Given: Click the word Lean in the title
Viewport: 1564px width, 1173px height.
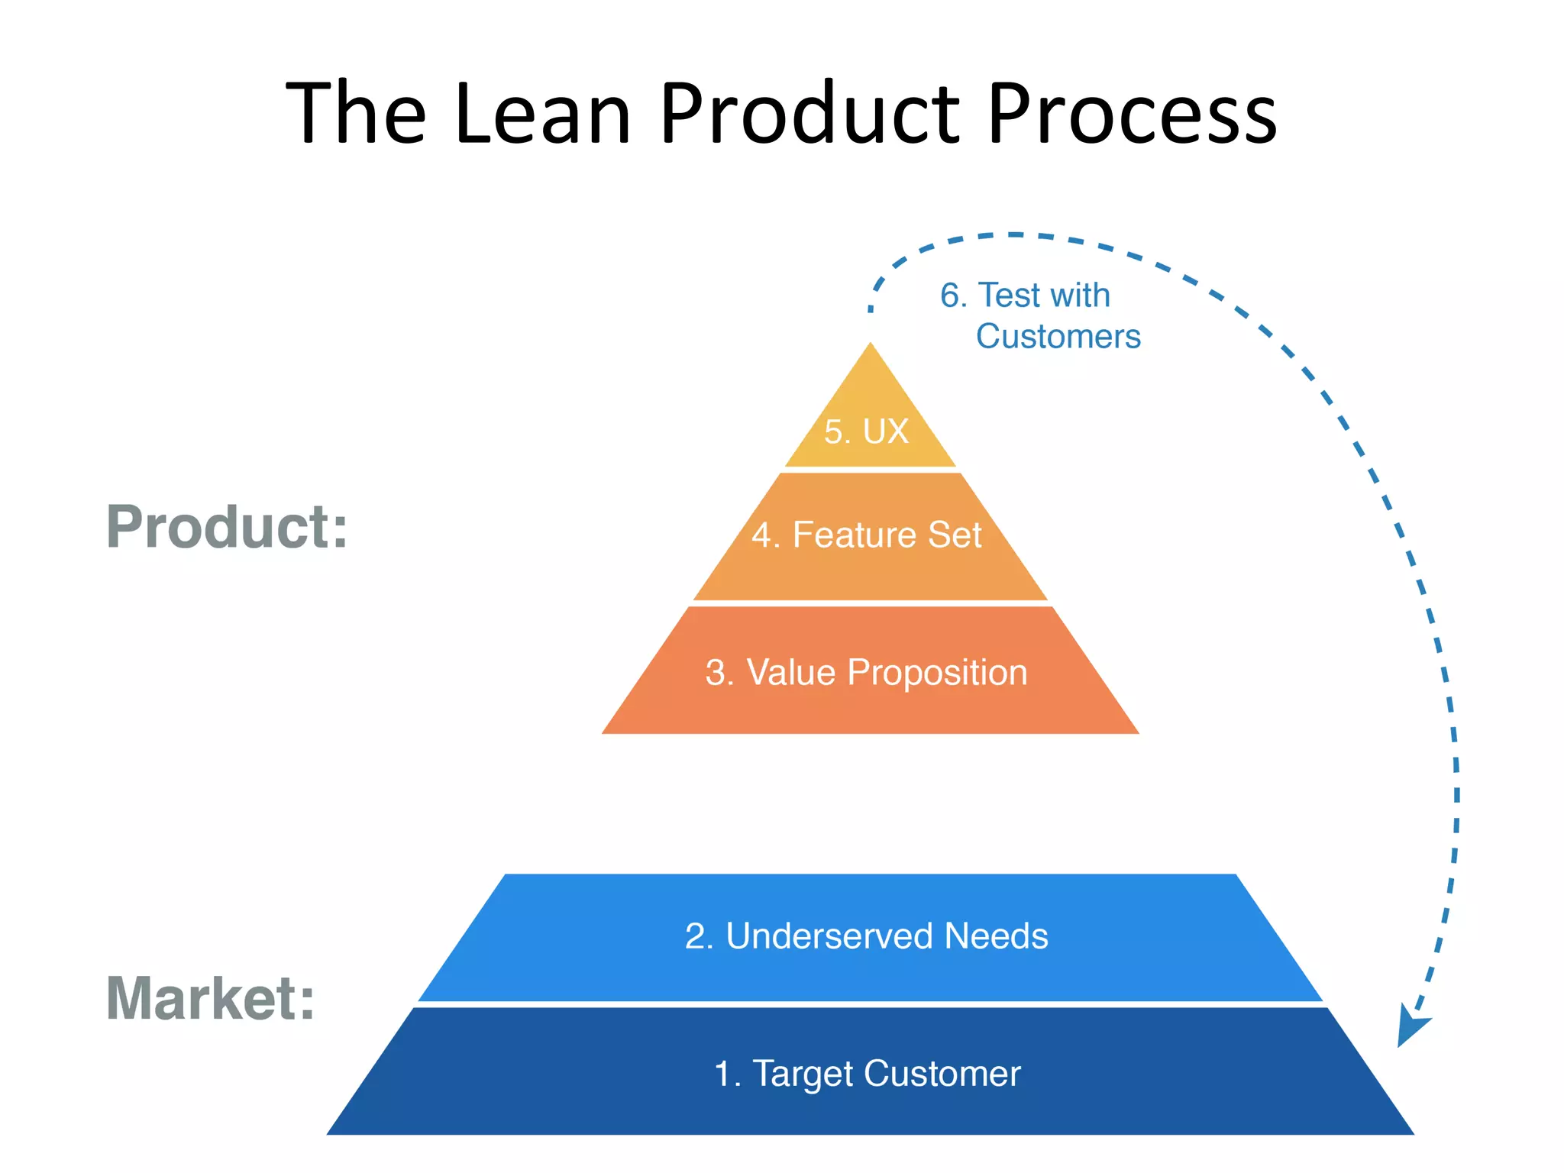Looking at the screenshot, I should [543, 115].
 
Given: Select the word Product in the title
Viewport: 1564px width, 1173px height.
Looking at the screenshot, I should [809, 115].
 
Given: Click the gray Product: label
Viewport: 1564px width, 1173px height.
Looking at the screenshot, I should [227, 527].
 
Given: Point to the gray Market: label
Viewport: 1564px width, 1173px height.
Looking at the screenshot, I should [210, 998].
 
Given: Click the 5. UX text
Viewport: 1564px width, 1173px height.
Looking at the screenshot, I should [866, 431].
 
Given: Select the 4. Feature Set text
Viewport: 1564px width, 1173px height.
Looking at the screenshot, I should [866, 535].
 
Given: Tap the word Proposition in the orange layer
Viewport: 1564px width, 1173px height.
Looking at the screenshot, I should [937, 673].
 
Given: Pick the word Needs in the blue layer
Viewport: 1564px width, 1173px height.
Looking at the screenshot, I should [996, 936].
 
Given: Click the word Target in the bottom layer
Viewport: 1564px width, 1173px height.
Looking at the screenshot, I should [803, 1074].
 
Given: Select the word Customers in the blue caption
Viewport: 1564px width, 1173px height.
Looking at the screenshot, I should [1058, 337].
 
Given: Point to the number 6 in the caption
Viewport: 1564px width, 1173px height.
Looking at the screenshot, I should [949, 296].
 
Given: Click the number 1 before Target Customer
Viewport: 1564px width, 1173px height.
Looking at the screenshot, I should [722, 1074].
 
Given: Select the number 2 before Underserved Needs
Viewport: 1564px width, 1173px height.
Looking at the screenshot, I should [695, 936].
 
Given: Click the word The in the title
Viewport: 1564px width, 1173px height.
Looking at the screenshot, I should [355, 115].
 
